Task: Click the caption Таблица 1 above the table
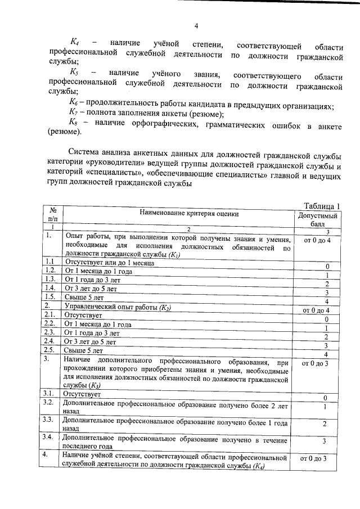pyautogui.click(x=323, y=205)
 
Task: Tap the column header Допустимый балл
pyautogui.click(x=318, y=219)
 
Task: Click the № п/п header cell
pyautogui.click(x=54, y=214)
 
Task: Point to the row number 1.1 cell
pyautogui.click(x=51, y=262)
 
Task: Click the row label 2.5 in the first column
pyautogui.click(x=51, y=349)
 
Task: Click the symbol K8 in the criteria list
pyautogui.click(x=73, y=123)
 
